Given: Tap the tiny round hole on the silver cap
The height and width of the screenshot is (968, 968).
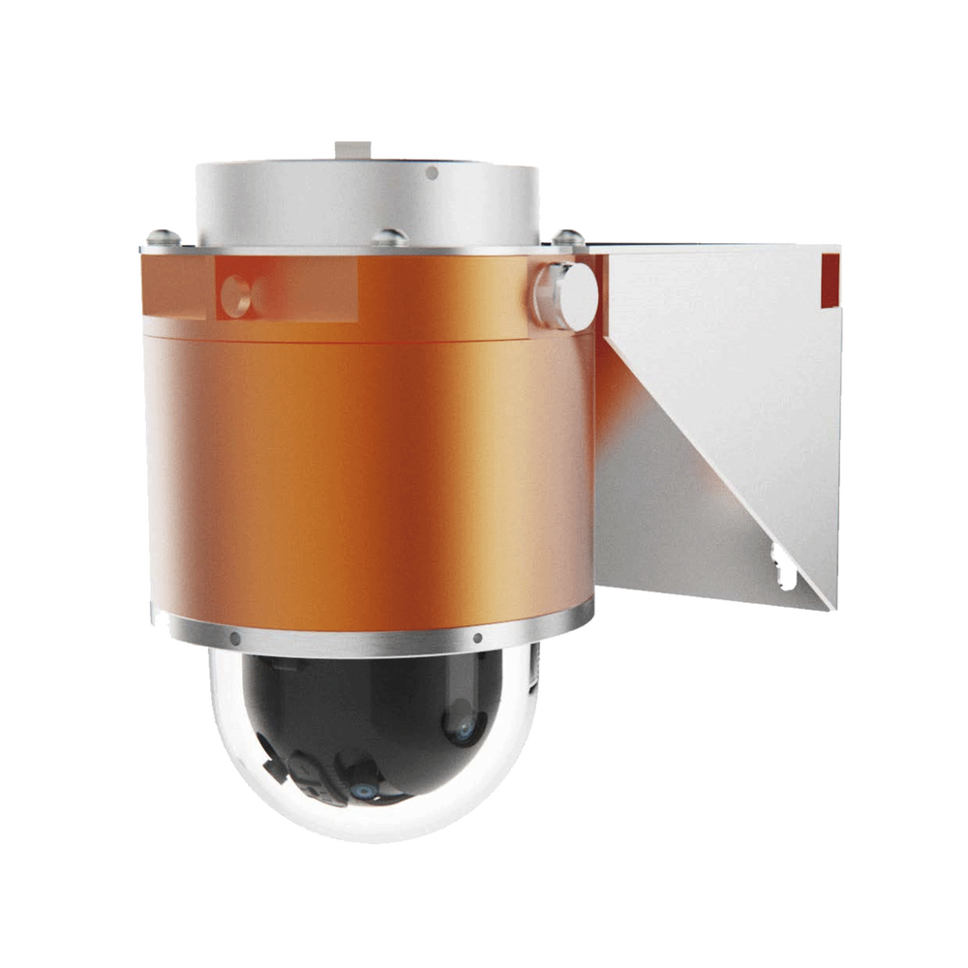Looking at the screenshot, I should tap(432, 173).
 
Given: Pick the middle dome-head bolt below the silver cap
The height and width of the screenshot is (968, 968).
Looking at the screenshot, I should tap(391, 235).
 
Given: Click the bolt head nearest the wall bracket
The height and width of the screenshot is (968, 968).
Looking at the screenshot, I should tap(566, 234).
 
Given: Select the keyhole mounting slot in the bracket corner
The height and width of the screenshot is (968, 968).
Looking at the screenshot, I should tap(781, 565).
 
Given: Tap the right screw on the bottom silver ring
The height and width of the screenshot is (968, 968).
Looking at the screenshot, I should tap(477, 638).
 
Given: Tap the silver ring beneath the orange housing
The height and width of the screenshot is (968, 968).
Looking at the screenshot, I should tap(368, 639).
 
